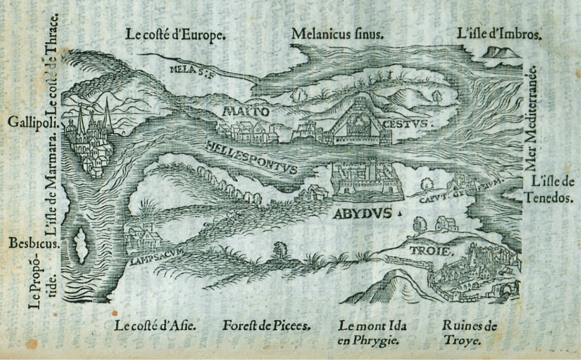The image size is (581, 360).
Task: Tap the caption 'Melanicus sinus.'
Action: coord(338,34)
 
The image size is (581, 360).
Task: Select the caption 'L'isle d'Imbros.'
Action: coord(499,34)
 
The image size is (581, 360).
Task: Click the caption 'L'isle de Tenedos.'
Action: coord(552,190)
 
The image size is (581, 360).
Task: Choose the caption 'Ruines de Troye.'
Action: coord(469,333)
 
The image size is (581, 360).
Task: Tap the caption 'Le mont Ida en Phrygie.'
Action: coord(372,333)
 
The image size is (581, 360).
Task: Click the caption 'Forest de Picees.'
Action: coord(266,326)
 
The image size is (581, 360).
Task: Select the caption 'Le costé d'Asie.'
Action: coord(155,326)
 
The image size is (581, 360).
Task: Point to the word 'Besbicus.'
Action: coord(33,243)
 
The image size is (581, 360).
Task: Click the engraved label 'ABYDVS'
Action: coord(362,214)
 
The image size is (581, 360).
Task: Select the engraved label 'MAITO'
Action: coord(245,112)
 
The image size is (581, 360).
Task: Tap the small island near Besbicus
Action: coord(81,245)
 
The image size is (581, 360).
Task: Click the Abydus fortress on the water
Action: coord(367,181)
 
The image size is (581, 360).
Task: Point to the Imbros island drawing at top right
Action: coord(501,52)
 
